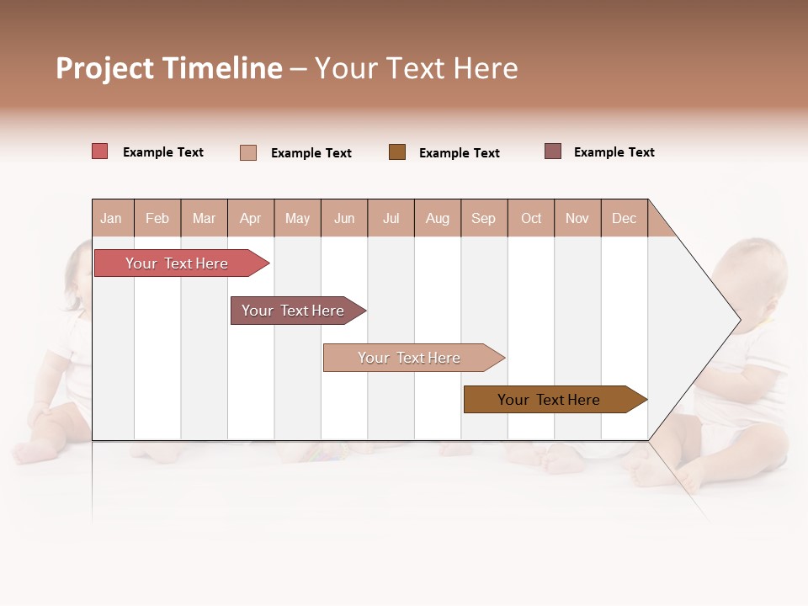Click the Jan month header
[111, 218]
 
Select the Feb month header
[157, 218]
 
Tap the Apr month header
[251, 218]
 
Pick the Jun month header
[344, 218]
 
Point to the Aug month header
[438, 218]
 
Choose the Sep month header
[483, 218]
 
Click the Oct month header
[531, 218]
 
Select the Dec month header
[624, 218]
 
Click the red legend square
[100, 151]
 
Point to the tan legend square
[248, 152]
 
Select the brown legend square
[397, 152]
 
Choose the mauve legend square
[553, 151]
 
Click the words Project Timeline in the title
[169, 68]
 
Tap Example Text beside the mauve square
[614, 152]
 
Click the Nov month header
[577, 218]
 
